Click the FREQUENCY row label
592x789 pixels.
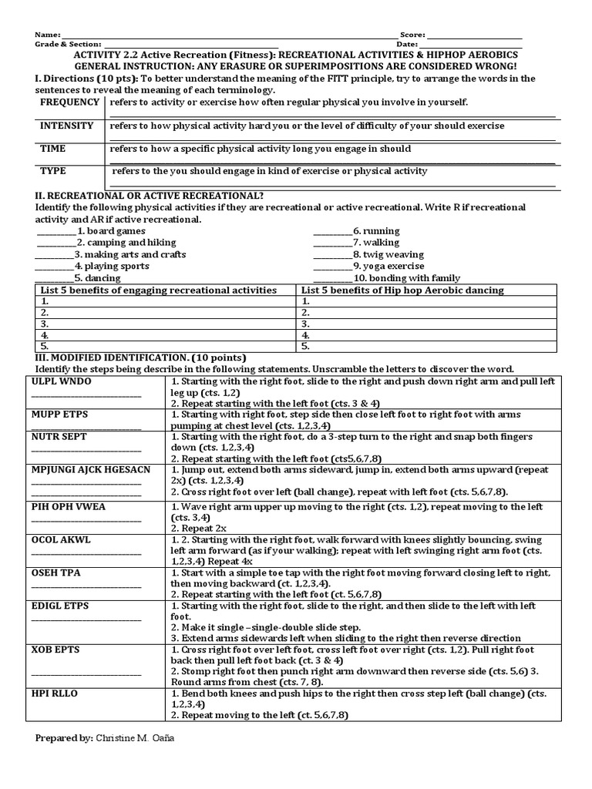point(69,102)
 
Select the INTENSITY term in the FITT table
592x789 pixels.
point(66,126)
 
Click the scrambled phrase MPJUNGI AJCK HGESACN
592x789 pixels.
point(91,469)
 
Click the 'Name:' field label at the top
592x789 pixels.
point(47,35)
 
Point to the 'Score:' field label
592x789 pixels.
point(412,35)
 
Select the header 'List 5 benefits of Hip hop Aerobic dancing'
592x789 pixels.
point(402,290)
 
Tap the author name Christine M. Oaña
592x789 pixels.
point(144,738)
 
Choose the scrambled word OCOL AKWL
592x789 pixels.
point(61,540)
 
